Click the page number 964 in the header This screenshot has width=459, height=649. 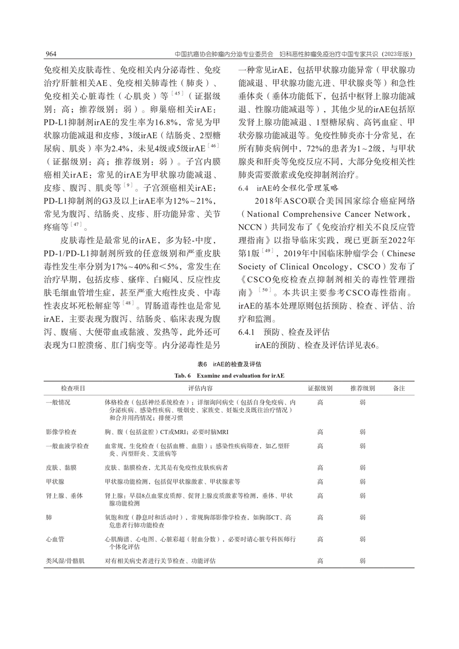click(50, 54)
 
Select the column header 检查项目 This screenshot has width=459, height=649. click(73, 389)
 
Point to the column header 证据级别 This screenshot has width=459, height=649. click(320, 389)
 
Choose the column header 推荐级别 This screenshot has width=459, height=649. click(362, 389)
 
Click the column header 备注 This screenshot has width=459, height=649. click(399, 389)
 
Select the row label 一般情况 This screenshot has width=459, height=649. click(58, 402)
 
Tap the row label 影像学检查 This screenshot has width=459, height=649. click(61, 432)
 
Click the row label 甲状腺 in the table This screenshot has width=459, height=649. click(55, 482)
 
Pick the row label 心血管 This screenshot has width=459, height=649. click(55, 539)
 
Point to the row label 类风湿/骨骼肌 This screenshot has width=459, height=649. click(65, 561)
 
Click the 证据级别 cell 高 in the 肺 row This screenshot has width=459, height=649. click(320, 518)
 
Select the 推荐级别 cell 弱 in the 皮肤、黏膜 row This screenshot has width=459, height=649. click(362, 468)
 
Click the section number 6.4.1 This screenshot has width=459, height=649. click(248, 332)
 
